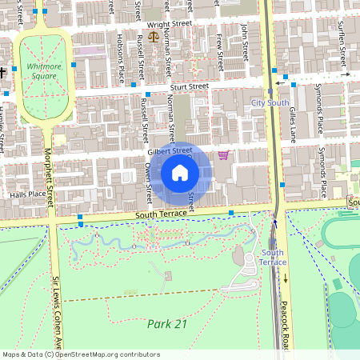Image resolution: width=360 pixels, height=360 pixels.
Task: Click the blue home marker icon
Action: tap(180, 173)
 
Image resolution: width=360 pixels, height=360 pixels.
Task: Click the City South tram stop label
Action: tap(270, 103)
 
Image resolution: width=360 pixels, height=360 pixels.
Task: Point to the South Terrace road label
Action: tap(161, 214)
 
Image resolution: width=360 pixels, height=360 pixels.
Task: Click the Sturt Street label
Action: tap(188, 86)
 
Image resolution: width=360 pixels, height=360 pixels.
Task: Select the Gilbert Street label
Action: tap(170, 150)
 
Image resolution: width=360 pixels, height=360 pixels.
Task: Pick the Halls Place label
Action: tap(26, 194)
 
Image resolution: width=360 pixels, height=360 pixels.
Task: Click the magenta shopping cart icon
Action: tap(224, 154)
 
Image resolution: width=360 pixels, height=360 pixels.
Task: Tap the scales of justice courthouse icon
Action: tap(154, 59)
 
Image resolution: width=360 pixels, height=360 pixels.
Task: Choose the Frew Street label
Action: tap(218, 46)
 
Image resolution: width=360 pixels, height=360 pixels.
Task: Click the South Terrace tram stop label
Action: tap(273, 257)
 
